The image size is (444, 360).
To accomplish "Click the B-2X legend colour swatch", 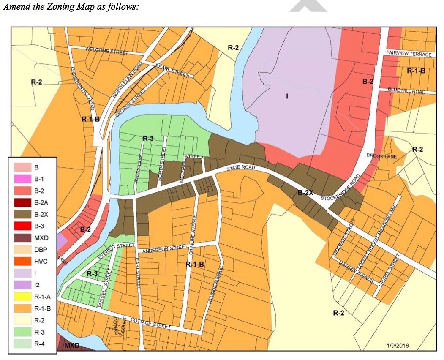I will pos(23,214).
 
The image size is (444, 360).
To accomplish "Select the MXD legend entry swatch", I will pos(23,238).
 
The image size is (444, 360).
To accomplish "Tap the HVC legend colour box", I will pos(23,262).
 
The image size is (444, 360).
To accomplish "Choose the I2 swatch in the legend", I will pos(23,285).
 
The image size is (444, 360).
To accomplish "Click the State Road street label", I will pos(239,168).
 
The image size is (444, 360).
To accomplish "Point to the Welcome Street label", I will pos(106,51).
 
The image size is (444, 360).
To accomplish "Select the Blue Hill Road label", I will pos(406,90).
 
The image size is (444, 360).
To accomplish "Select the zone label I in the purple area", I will pos(287,96).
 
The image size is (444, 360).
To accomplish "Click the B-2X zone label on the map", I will pos(305,193).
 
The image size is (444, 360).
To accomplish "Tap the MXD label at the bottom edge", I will pos(71,346).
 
